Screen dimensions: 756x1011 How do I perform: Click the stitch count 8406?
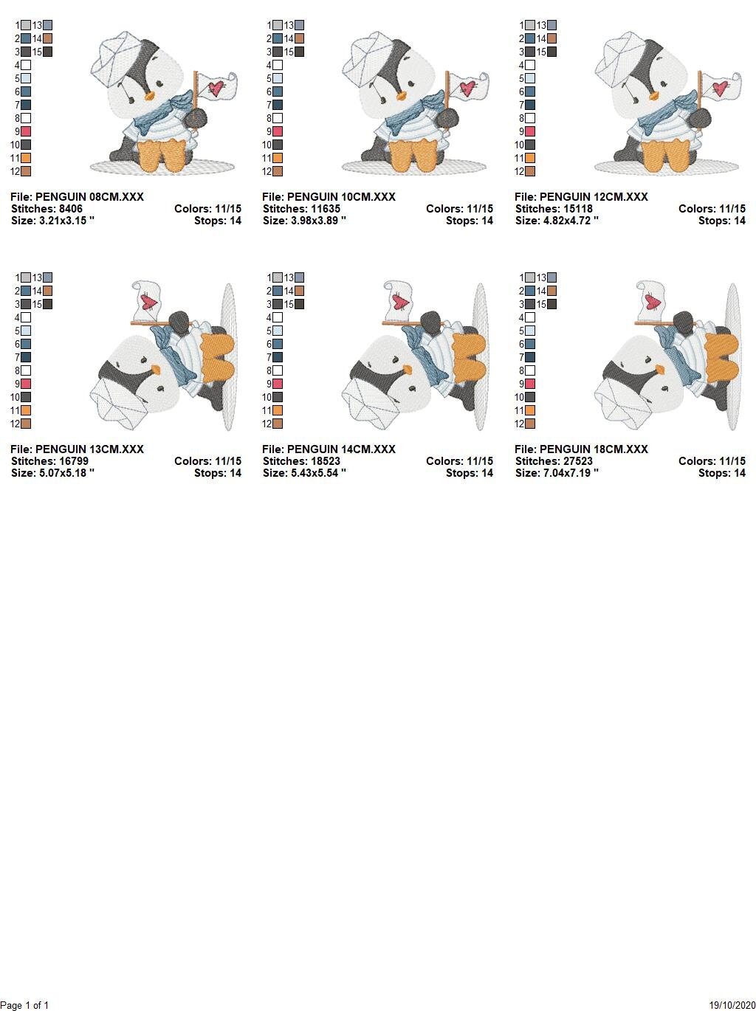point(70,209)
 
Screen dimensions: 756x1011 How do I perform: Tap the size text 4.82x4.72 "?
point(571,221)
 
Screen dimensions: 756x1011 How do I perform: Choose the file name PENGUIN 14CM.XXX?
point(341,449)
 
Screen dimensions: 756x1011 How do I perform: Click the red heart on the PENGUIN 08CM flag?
point(216,87)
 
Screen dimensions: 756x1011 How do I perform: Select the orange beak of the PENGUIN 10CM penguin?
point(402,96)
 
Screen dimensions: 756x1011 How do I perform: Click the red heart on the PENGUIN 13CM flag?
point(149,302)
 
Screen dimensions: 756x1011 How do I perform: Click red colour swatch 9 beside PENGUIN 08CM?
point(26,131)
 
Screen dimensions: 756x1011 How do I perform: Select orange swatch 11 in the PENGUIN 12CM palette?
point(530,158)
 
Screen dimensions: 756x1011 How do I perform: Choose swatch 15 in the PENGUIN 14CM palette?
point(299,304)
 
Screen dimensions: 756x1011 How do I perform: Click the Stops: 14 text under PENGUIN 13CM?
point(218,473)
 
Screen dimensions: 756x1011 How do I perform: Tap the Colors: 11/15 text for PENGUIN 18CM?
point(711,461)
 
